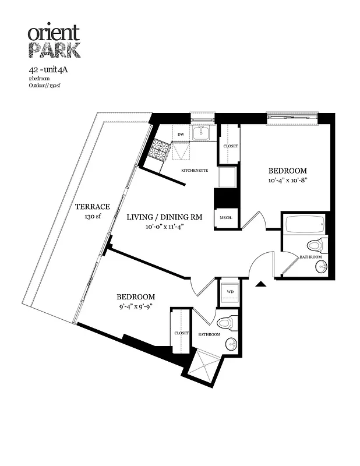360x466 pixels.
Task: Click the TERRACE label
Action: (x=92, y=207)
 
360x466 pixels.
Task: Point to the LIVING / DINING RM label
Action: (x=164, y=217)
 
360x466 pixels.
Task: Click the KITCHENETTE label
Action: (x=194, y=170)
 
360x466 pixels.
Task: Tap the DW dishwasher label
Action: (x=182, y=133)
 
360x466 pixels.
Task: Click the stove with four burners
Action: (x=159, y=151)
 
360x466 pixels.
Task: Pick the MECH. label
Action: (x=227, y=218)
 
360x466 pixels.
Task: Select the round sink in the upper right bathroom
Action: (x=321, y=267)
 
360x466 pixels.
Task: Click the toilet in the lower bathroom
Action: (x=226, y=322)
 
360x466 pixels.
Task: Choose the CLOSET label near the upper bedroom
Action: (x=229, y=146)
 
